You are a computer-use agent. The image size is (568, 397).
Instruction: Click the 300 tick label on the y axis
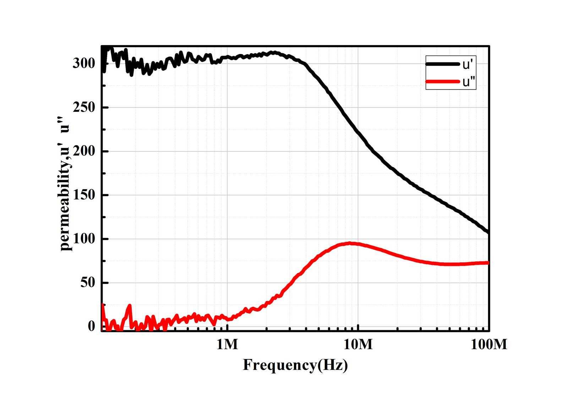(x=84, y=64)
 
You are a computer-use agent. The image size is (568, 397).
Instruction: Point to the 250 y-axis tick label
(x=84, y=107)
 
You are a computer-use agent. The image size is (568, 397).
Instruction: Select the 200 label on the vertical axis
(x=84, y=151)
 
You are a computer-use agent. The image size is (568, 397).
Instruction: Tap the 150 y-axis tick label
(x=84, y=195)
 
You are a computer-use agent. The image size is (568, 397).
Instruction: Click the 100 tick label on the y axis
(x=84, y=239)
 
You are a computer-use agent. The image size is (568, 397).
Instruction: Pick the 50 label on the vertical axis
(x=88, y=283)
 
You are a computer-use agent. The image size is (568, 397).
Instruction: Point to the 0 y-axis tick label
(x=92, y=326)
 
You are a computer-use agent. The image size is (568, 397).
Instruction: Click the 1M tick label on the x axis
(x=227, y=344)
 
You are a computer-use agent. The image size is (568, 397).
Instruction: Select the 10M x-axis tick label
(x=358, y=344)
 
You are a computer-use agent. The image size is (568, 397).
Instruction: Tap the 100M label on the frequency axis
(x=489, y=344)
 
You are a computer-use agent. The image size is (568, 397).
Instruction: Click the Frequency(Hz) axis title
(x=295, y=365)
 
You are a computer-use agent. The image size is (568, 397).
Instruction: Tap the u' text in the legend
(x=468, y=65)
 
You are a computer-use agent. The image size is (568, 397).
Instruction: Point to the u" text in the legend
(x=469, y=82)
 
